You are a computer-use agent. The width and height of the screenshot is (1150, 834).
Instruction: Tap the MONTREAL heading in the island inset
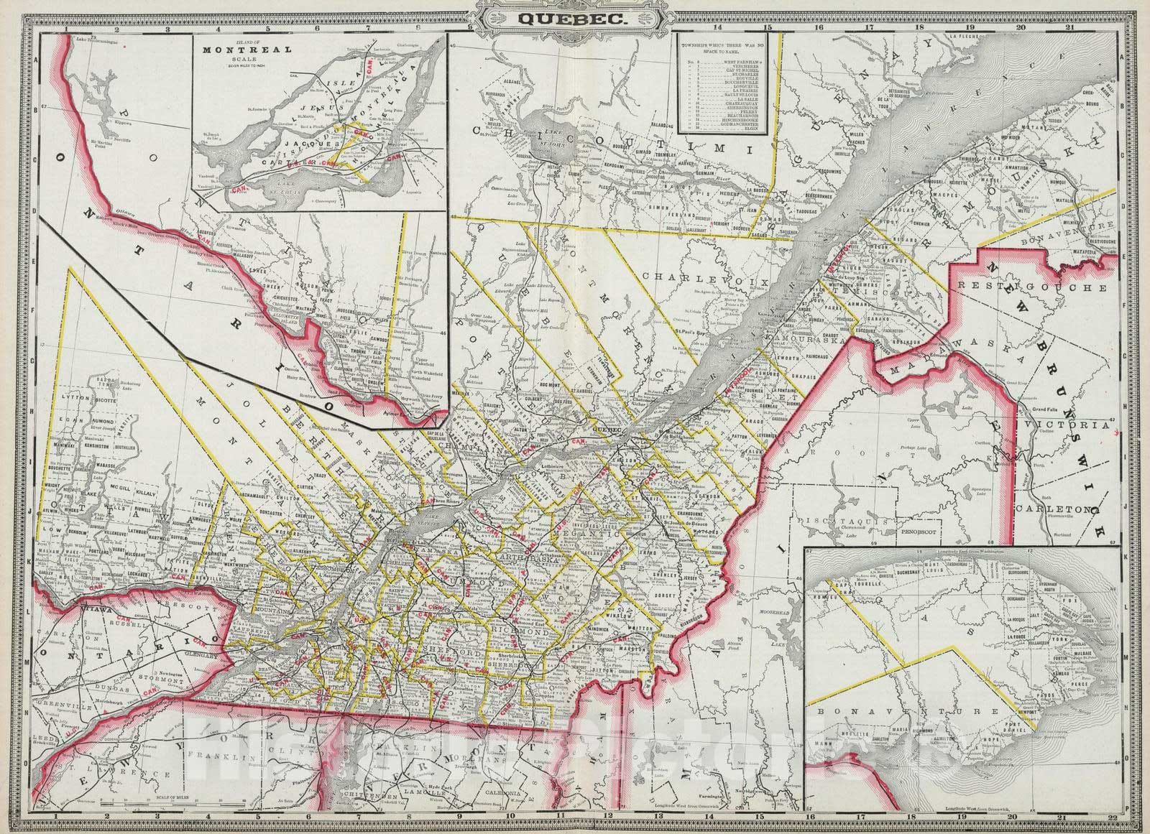(247, 50)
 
